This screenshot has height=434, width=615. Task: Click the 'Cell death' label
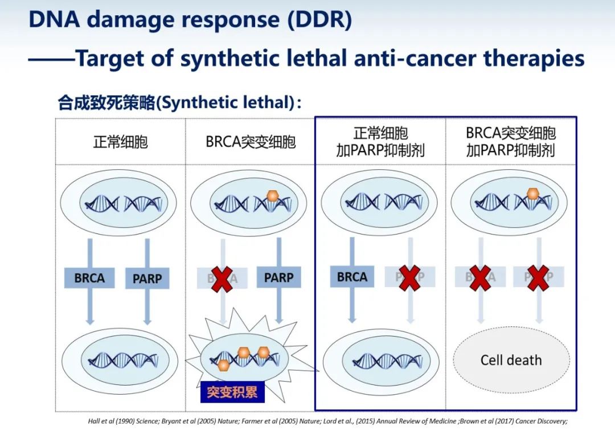[511, 360]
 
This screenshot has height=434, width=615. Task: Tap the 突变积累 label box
[232, 392]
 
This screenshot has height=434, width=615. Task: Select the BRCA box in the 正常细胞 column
[89, 279]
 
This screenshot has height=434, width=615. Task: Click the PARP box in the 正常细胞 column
[147, 279]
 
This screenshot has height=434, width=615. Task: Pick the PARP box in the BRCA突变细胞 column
[278, 278]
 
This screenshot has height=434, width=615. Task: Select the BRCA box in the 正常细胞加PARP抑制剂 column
[352, 277]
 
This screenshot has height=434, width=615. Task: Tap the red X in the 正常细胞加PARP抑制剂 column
[409, 277]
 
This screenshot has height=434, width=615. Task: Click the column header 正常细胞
[120, 141]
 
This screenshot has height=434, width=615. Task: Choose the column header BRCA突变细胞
[251, 141]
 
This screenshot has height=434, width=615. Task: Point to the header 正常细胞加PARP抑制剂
[380, 142]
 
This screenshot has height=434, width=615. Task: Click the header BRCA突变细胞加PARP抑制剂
[511, 142]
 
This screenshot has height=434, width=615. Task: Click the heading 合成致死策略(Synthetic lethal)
[177, 103]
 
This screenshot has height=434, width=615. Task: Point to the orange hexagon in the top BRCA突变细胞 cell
[273, 196]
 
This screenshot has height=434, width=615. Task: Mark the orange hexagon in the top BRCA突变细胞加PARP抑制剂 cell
[532, 194]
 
